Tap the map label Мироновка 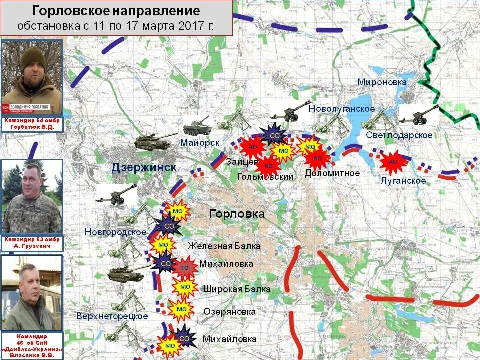tap(382, 82)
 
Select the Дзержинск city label tap(144, 167)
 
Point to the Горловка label tap(237, 214)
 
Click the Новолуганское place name tap(342, 109)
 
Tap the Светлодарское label tap(399, 135)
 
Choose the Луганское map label tap(403, 180)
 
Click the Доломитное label tap(332, 173)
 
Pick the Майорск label tap(200, 143)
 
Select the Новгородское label tap(115, 232)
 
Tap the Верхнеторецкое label tap(112, 316)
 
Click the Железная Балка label tap(224, 246)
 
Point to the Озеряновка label tap(229, 312)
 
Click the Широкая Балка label tap(237, 289)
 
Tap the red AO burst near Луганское tap(393, 161)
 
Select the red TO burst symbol tap(184, 267)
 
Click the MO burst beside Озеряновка tap(181, 310)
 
